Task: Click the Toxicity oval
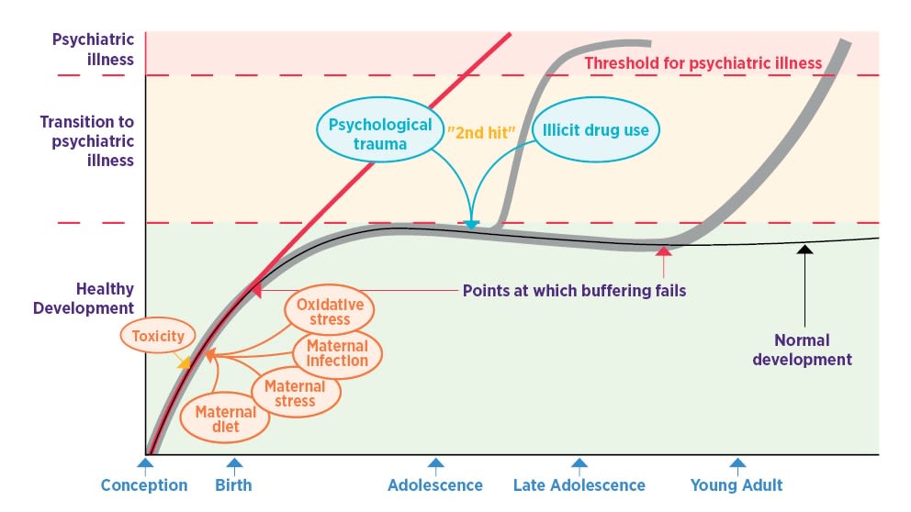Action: click(159, 336)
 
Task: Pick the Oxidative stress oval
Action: click(330, 311)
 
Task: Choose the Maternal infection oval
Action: click(337, 353)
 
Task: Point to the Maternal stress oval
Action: click(295, 394)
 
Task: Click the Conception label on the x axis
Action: click(144, 485)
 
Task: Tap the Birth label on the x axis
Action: click(233, 485)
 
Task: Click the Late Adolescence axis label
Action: click(579, 485)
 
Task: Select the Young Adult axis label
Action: click(737, 485)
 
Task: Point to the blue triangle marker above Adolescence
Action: click(435, 464)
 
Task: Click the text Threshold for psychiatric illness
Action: click(703, 63)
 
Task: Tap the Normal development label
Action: click(802, 351)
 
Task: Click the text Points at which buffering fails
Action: click(574, 291)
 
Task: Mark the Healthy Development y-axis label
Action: click(84, 298)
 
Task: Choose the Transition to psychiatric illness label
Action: click(86, 141)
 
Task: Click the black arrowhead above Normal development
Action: click(804, 248)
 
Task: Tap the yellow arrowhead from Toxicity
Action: click(184, 362)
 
